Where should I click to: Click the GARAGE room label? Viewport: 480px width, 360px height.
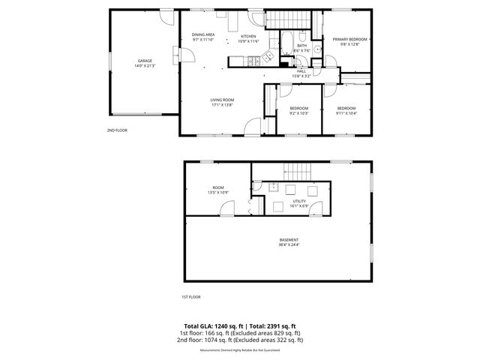coord(145,62)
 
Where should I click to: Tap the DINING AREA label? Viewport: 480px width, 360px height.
coord(203,37)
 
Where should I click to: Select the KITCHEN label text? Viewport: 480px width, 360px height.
coord(248,37)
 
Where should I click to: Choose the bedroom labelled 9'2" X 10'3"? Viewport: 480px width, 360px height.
coord(299,110)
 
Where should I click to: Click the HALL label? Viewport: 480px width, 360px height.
coord(301,73)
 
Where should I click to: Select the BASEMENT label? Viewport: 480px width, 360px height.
coord(278,242)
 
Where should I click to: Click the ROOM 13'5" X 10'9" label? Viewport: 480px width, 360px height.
coord(218,190)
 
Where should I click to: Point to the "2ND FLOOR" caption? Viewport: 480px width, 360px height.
coord(116,130)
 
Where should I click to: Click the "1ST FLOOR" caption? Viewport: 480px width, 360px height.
coord(190,297)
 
